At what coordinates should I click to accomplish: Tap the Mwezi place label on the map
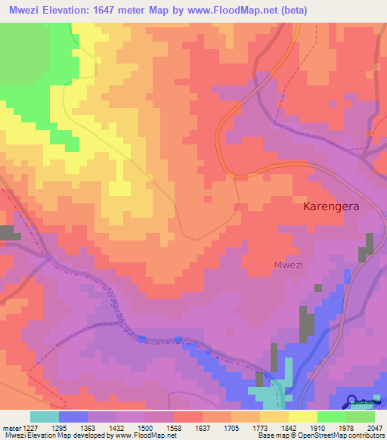pos(286,264)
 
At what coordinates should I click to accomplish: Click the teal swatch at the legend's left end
pos(45,417)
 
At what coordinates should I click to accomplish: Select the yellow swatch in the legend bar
pos(302,417)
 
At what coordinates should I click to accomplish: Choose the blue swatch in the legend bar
pos(73,417)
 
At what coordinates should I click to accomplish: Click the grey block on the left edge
pos(10,232)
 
